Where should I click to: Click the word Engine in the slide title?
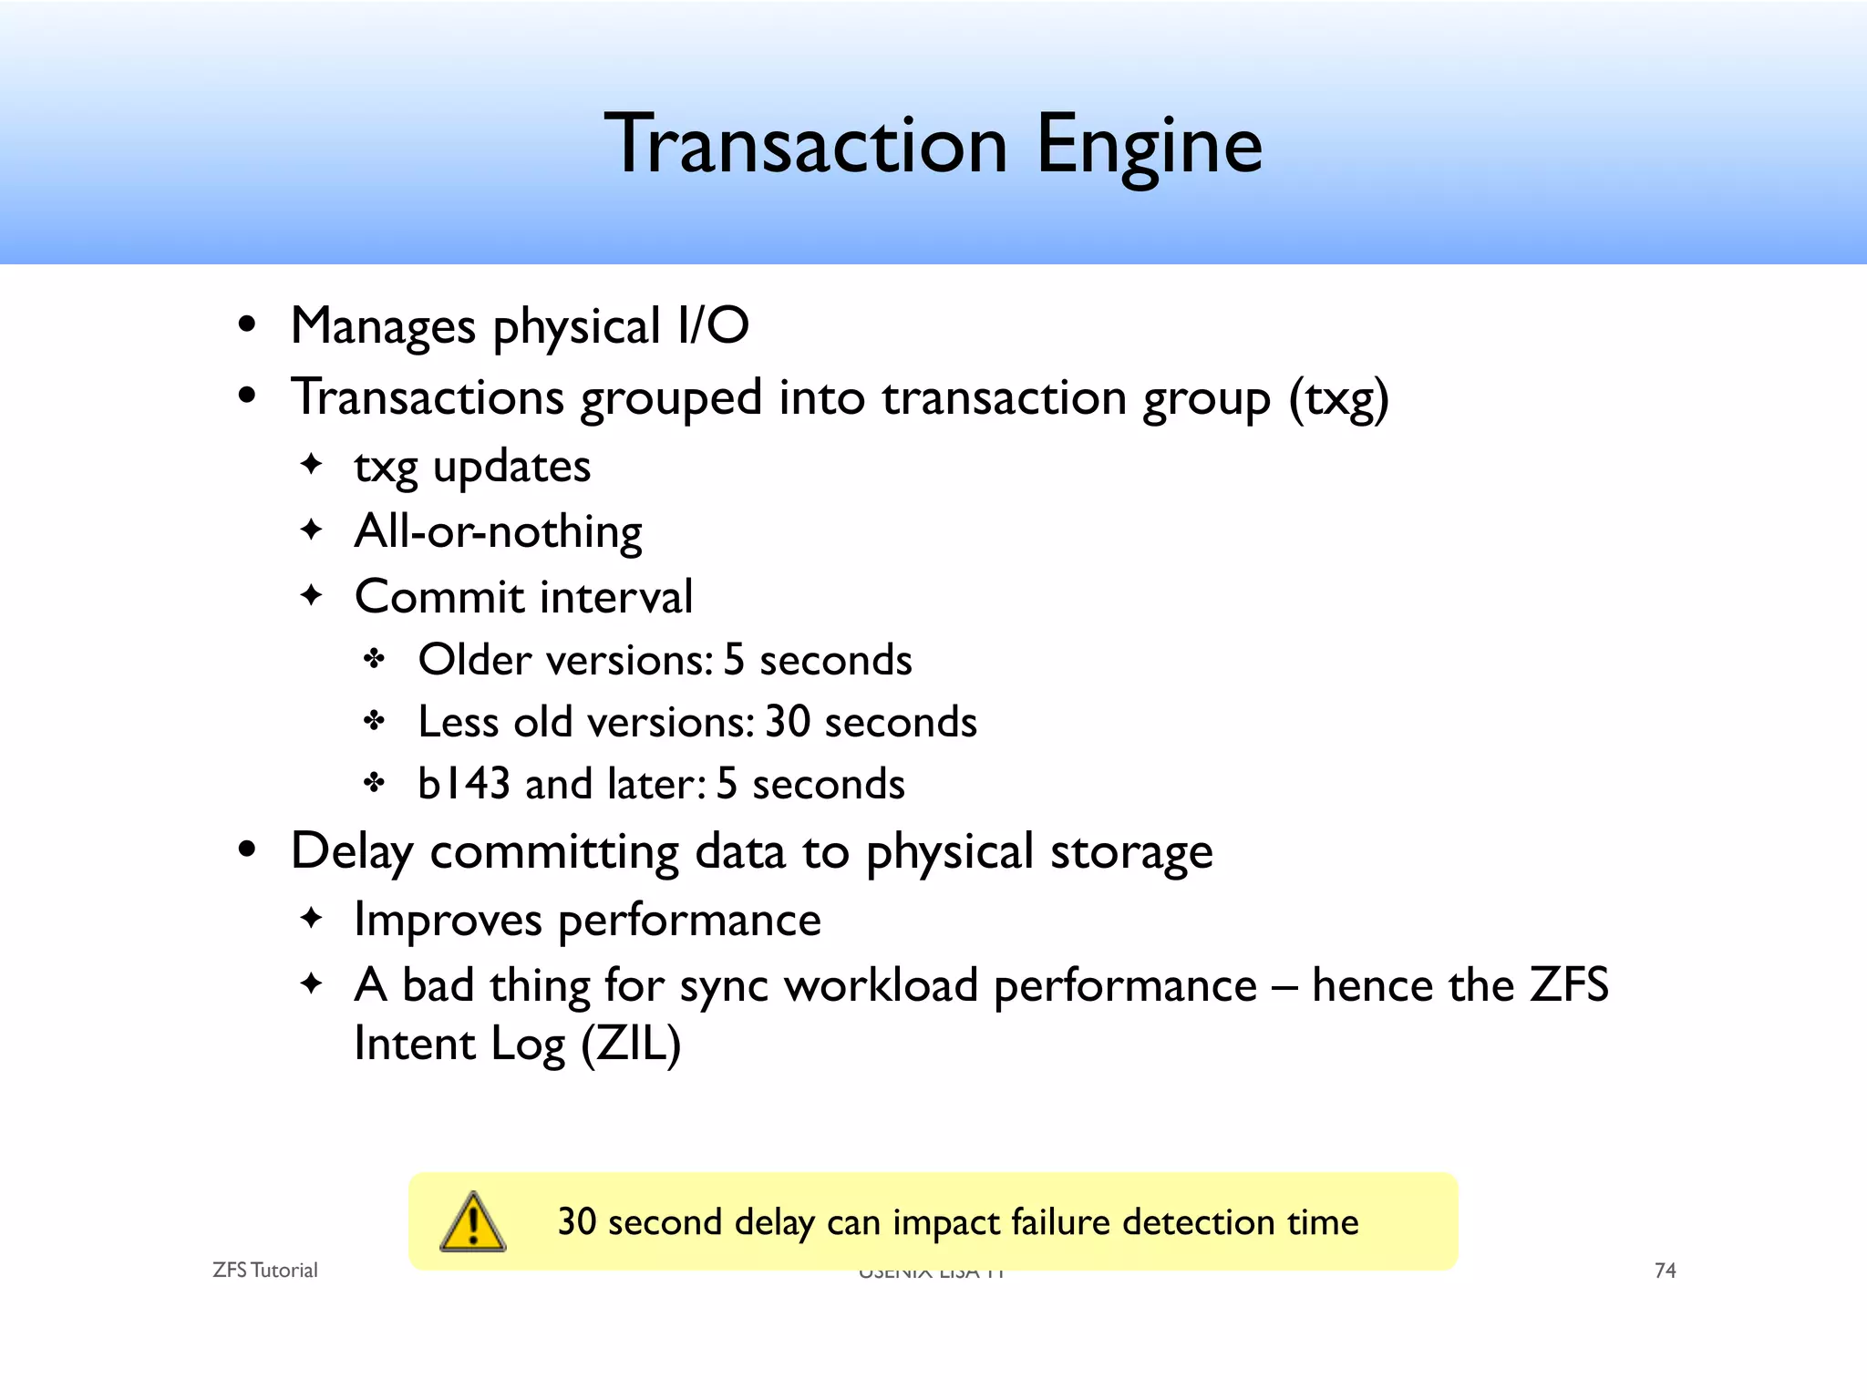(1150, 146)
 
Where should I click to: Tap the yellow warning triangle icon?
(472, 1222)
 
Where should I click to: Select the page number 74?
(1665, 1271)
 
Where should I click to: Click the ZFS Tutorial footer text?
(264, 1271)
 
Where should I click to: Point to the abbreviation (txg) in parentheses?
(1338, 399)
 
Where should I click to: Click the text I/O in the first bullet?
(713, 326)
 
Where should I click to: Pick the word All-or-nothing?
(498, 531)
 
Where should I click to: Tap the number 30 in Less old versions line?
(788, 722)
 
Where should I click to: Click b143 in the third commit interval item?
(463, 784)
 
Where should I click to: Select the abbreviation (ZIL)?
(631, 1045)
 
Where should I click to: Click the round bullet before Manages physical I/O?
(246, 325)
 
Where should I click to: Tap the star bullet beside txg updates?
(312, 465)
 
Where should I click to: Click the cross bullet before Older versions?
(375, 659)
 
